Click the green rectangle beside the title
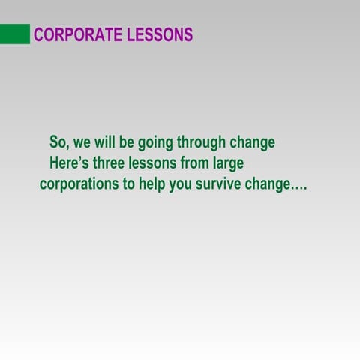click(15, 34)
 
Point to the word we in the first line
click(81, 142)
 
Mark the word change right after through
click(251, 142)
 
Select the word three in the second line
click(112, 163)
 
